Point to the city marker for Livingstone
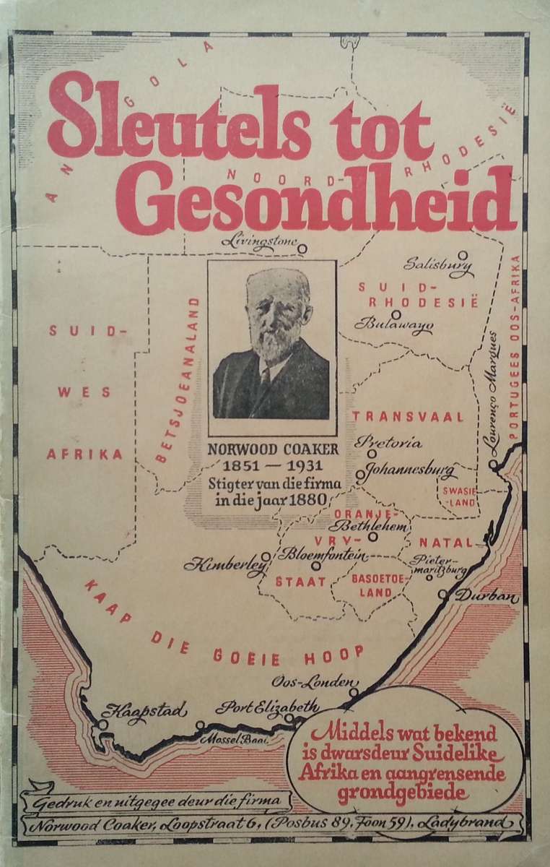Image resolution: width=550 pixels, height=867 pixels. click(302, 248)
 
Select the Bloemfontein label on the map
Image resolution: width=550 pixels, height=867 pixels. click(323, 555)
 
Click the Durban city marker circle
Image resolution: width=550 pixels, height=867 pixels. click(442, 595)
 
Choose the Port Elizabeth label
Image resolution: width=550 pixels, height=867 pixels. click(267, 706)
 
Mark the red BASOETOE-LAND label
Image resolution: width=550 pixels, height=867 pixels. click(374, 585)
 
